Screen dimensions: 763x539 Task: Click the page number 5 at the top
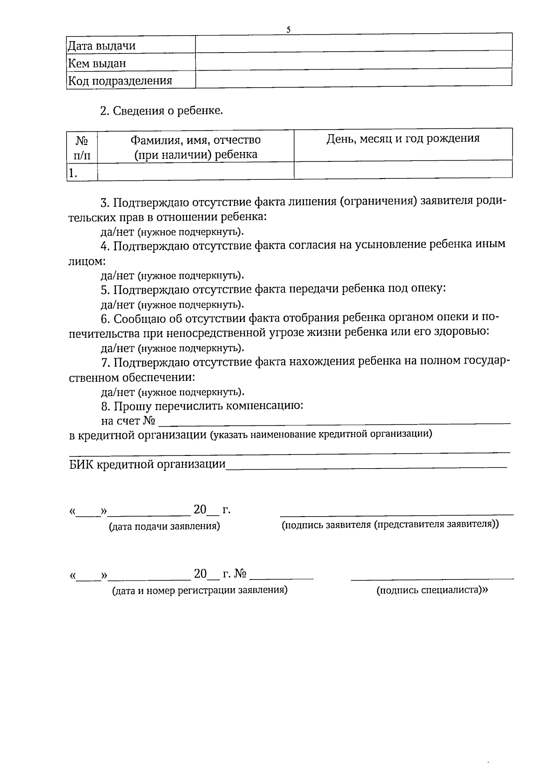point(288,30)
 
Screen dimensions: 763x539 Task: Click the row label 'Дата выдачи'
point(102,46)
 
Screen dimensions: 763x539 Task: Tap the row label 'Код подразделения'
point(120,81)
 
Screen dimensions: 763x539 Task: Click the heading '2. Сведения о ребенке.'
point(161,111)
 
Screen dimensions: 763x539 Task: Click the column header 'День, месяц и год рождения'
point(403,138)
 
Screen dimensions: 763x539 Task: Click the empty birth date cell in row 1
point(403,170)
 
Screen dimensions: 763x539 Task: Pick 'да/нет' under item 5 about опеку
point(117,305)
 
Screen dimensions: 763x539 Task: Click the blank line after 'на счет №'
point(335,422)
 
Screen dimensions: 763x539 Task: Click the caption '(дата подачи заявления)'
point(165,527)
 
